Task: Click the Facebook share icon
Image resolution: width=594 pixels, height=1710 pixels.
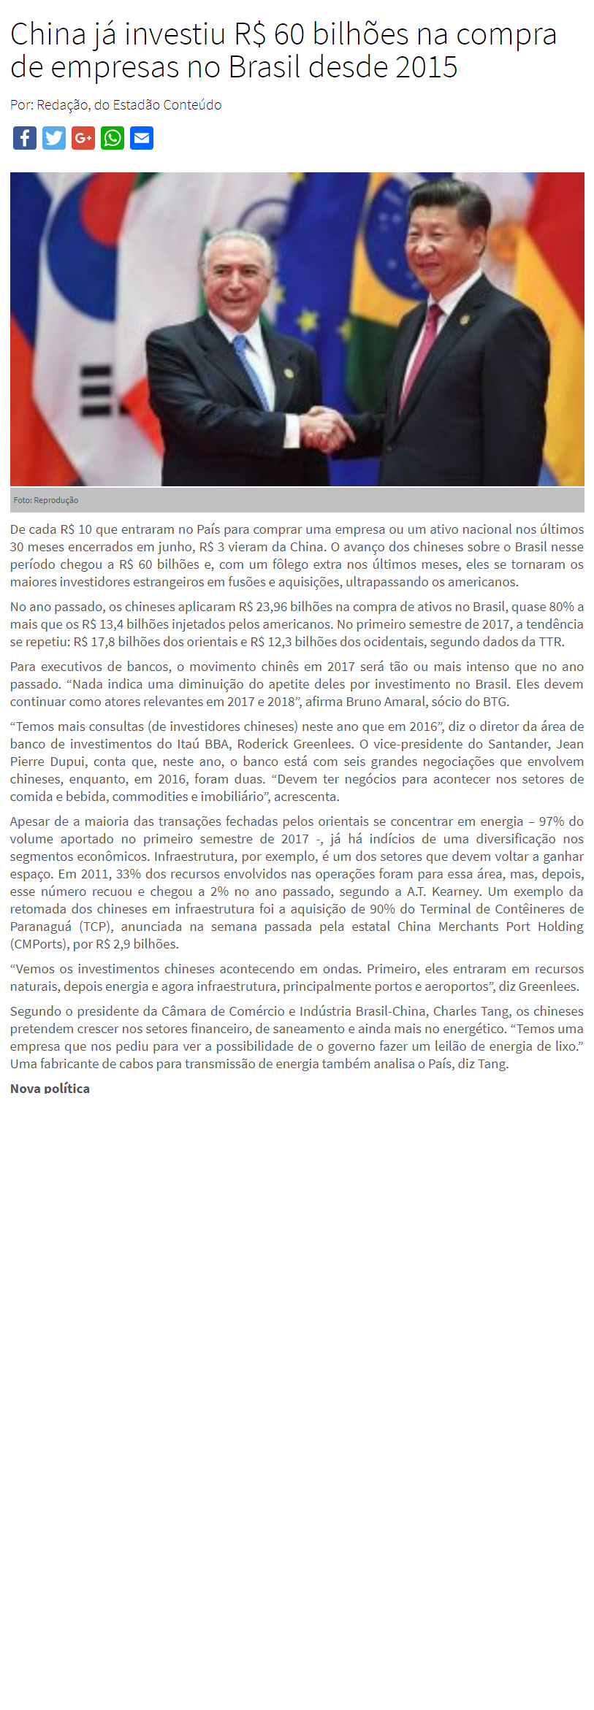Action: [25, 138]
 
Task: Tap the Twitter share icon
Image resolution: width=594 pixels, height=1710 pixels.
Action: [54, 138]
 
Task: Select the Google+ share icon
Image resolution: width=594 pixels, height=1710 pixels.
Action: [83, 138]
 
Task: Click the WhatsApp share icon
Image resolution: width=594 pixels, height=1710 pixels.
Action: [113, 138]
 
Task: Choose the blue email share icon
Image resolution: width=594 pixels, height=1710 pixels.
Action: [142, 138]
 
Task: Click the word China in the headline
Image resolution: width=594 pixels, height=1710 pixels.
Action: [48, 35]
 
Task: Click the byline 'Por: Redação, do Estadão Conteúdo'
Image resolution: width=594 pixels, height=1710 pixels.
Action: [115, 105]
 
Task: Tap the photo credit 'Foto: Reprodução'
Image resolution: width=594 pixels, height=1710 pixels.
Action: [46, 500]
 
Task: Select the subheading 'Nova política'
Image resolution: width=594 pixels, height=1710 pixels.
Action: [50, 1088]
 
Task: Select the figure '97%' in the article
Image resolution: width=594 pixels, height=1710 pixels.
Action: [552, 821]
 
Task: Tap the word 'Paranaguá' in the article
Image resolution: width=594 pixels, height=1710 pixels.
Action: [41, 927]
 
